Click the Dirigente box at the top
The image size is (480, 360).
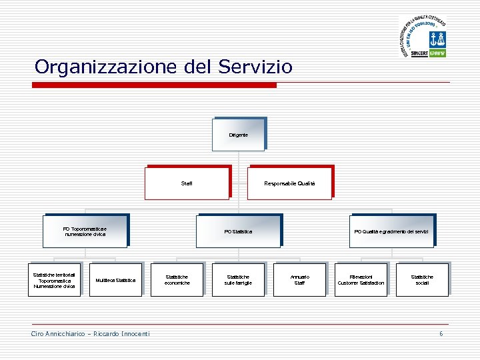238,135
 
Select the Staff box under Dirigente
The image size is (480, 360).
187,183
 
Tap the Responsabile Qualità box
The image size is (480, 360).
289,183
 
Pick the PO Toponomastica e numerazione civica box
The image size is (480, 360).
85,231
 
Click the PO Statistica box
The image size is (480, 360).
238,231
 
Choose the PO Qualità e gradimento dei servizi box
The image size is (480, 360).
391,231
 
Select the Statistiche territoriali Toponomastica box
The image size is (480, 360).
55,279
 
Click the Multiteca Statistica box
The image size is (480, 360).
115,280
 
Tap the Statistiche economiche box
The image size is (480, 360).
177,280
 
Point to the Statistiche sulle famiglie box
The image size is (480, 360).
238,280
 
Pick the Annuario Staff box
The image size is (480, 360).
299,280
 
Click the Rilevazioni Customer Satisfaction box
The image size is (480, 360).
361,280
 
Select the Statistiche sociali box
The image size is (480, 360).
421,280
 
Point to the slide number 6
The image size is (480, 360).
441,333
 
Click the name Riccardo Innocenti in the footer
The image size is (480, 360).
121,333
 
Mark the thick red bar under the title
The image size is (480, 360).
155,85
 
